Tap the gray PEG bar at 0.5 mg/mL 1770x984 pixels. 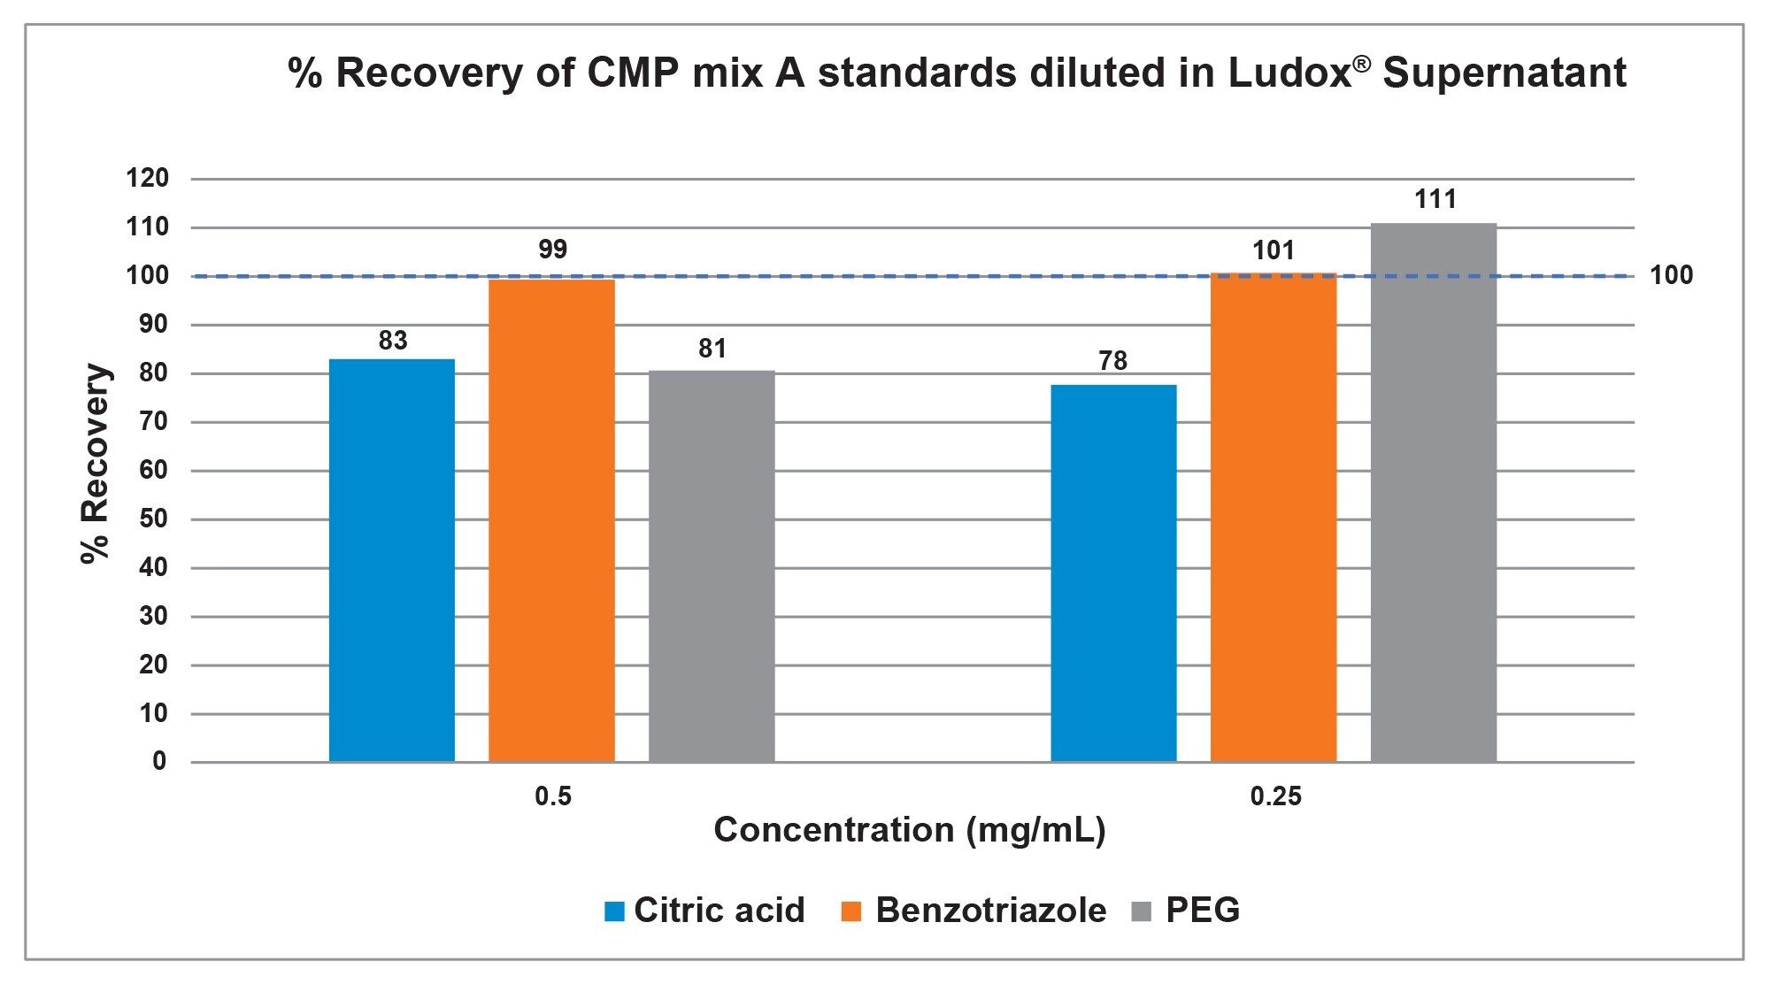click(712, 566)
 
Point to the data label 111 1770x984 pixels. click(1435, 199)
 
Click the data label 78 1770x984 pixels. click(1113, 361)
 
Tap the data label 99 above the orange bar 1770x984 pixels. click(552, 250)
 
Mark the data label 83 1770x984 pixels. click(393, 341)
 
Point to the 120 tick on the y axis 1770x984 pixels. click(148, 179)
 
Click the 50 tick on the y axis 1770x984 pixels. click(153, 519)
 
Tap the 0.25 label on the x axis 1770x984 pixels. click(1275, 796)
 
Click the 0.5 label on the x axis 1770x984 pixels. click(553, 796)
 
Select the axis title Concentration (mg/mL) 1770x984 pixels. click(910, 830)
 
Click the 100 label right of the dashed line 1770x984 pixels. click(1671, 276)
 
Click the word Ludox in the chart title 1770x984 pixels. click(1289, 73)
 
